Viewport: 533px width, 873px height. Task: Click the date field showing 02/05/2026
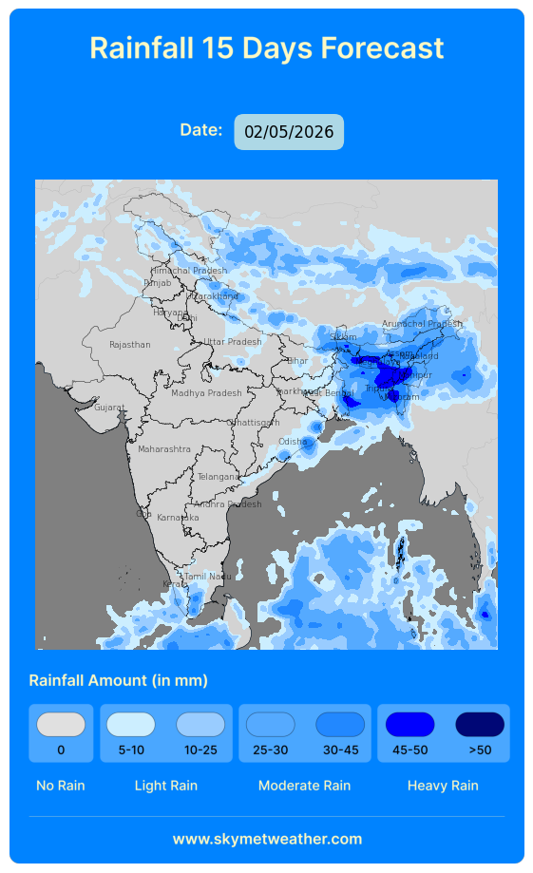coord(289,132)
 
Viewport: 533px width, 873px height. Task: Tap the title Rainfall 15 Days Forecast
coord(267,47)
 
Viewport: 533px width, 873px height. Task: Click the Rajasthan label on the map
coord(129,345)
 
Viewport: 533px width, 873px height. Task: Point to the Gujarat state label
coord(109,408)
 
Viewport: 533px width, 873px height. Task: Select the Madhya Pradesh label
coord(206,392)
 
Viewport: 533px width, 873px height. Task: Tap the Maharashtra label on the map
coord(164,448)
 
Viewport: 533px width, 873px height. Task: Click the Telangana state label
coord(219,476)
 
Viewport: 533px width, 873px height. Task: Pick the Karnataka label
coord(178,517)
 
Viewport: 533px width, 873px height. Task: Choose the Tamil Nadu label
coord(207,576)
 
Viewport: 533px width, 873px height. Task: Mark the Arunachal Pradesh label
coord(422,324)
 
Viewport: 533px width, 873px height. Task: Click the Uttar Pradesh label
coord(232,342)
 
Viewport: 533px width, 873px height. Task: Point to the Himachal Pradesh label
coord(188,271)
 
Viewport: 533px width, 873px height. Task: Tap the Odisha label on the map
coord(293,441)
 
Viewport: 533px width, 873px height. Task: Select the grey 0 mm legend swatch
coord(61,725)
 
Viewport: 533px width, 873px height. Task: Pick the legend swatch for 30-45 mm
coord(340,725)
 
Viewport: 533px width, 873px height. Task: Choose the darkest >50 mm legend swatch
coord(480,725)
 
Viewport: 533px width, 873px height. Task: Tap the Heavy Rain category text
coord(443,786)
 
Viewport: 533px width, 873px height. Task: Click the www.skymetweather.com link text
coord(267,839)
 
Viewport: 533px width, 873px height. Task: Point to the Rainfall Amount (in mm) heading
coord(118,680)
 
